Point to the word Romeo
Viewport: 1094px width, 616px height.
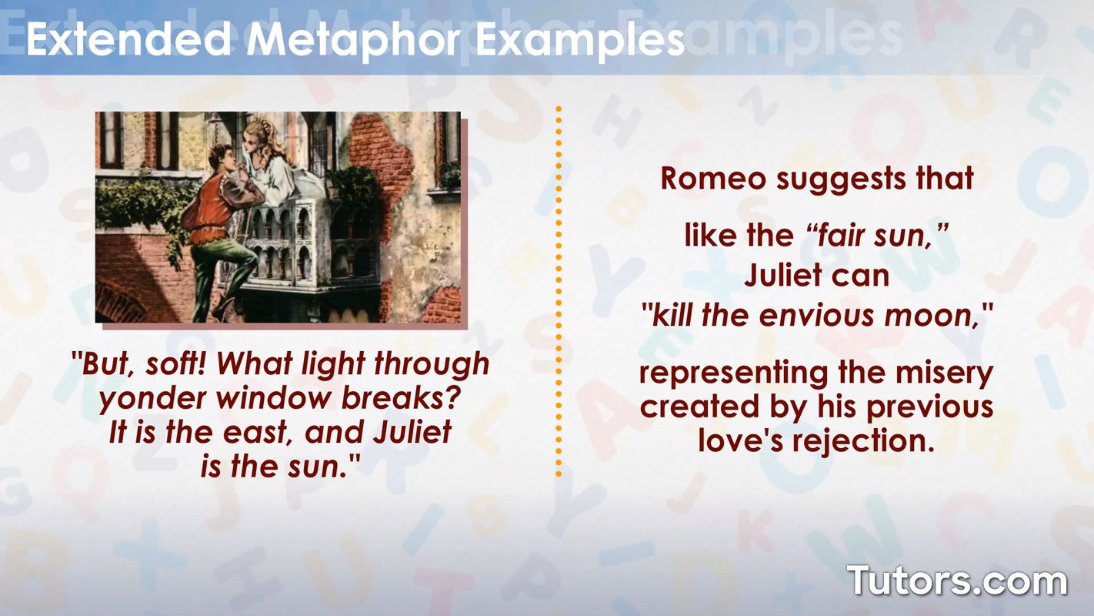click(713, 179)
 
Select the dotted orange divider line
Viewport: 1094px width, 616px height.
click(559, 293)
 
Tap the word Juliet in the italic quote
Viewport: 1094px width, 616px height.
click(412, 433)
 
